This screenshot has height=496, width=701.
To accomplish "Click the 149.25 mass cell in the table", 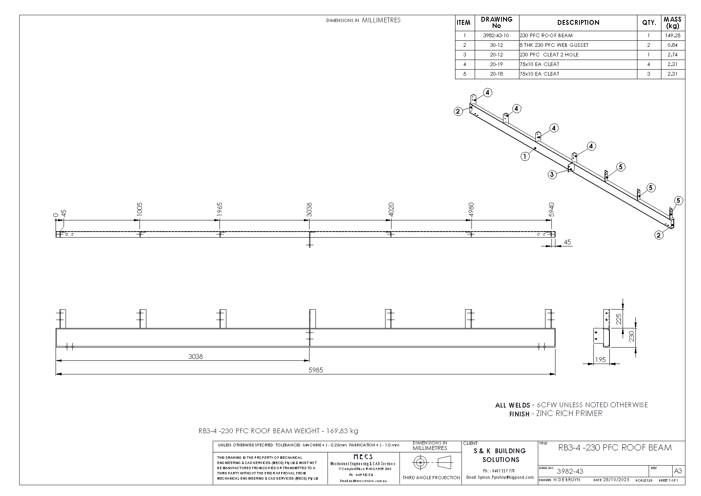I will coord(673,36).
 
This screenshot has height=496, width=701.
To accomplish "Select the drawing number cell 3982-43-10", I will coord(496,36).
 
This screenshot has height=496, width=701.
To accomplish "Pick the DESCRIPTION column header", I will coord(578,23).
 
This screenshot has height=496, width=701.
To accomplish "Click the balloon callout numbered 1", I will coord(525,156).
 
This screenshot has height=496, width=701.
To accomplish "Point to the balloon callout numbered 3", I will coord(552,174).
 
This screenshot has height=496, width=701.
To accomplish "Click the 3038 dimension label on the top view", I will coord(309,210).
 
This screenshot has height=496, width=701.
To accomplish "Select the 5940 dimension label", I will coord(551,210).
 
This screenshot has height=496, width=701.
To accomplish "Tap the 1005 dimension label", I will coord(139,210).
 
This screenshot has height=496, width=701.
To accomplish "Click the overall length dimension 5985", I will coord(316,370).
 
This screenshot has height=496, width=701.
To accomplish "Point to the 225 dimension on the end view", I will coord(619,319).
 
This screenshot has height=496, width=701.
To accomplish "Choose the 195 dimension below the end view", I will coord(600,360).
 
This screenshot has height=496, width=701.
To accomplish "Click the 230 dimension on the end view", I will coord(631,336).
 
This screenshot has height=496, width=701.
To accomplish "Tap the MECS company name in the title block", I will coord(363,457).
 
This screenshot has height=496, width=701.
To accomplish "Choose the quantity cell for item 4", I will coord(649,64).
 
